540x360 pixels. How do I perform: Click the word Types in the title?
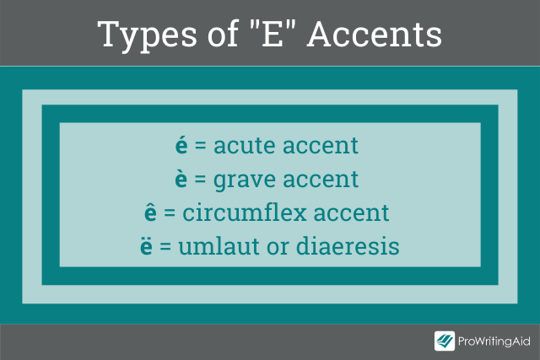point(147,35)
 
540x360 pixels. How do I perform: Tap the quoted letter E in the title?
point(273,34)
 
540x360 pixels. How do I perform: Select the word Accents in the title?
point(375,34)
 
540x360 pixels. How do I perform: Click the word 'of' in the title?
point(223,34)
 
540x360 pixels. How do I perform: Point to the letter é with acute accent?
point(181,145)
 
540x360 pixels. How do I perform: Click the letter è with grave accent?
point(181,179)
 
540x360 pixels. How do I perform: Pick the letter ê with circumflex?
point(150,212)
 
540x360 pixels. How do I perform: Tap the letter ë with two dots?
point(146,245)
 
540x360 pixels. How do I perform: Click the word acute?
point(245,146)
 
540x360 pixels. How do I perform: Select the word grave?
point(244,180)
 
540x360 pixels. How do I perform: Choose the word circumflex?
point(245,212)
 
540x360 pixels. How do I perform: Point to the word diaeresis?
point(348,245)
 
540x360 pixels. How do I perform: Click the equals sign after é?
point(201,145)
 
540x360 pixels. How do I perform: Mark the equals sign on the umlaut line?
point(165,246)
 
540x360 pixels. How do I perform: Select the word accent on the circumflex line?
point(351,213)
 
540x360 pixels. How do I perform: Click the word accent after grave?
point(321,180)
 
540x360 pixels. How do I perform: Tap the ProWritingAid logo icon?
point(445,341)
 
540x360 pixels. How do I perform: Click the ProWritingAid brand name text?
point(494,341)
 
